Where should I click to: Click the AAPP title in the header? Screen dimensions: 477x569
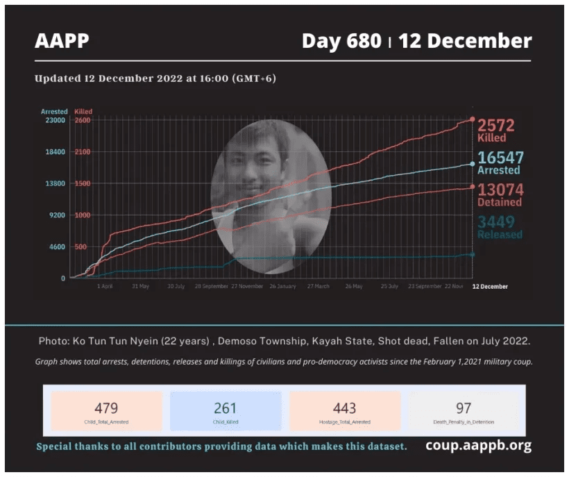pyautogui.click(x=62, y=42)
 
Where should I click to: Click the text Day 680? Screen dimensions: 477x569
pyautogui.click(x=341, y=42)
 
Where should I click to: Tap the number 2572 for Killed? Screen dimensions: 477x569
pyautogui.click(x=495, y=126)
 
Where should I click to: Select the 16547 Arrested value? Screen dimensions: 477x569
pyautogui.click(x=500, y=158)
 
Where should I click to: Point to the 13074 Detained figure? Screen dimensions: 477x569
pyautogui.click(x=500, y=190)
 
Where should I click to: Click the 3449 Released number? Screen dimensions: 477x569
pyautogui.click(x=495, y=222)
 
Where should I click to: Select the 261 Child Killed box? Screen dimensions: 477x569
pyautogui.click(x=226, y=411)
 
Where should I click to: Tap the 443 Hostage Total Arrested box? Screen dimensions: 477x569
pyautogui.click(x=345, y=411)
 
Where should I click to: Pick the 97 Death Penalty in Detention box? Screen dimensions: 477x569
pyautogui.click(x=464, y=411)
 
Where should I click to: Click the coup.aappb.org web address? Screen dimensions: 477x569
pyautogui.click(x=478, y=445)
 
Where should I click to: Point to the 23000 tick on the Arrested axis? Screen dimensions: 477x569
pyautogui.click(x=55, y=120)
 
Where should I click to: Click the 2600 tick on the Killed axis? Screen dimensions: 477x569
pyautogui.click(x=83, y=120)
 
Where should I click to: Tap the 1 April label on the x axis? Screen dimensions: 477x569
pyautogui.click(x=105, y=286)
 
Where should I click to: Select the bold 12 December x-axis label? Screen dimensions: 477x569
pyautogui.click(x=490, y=286)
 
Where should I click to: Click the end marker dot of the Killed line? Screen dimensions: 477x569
pyautogui.click(x=473, y=120)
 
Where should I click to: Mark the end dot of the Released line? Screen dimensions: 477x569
pyautogui.click(x=473, y=254)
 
